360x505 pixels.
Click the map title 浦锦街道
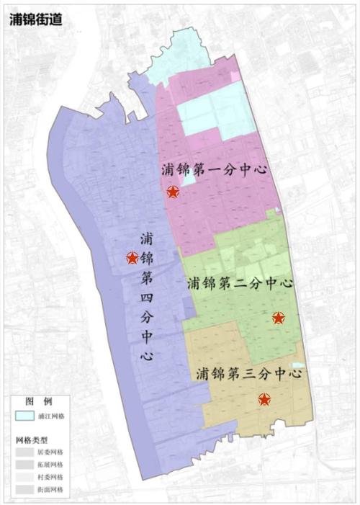36,19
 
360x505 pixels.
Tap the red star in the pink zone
173,192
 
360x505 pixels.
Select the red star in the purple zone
132,257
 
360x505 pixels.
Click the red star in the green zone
278,318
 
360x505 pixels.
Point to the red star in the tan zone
264,400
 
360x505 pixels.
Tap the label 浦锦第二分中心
239,283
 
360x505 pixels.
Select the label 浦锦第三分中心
247,374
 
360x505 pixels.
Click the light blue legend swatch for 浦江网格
24,416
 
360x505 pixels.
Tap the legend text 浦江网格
50,416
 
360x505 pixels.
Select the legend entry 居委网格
50,452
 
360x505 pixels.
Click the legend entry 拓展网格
50,464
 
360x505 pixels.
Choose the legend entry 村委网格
50,477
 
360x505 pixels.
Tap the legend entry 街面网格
50,489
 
